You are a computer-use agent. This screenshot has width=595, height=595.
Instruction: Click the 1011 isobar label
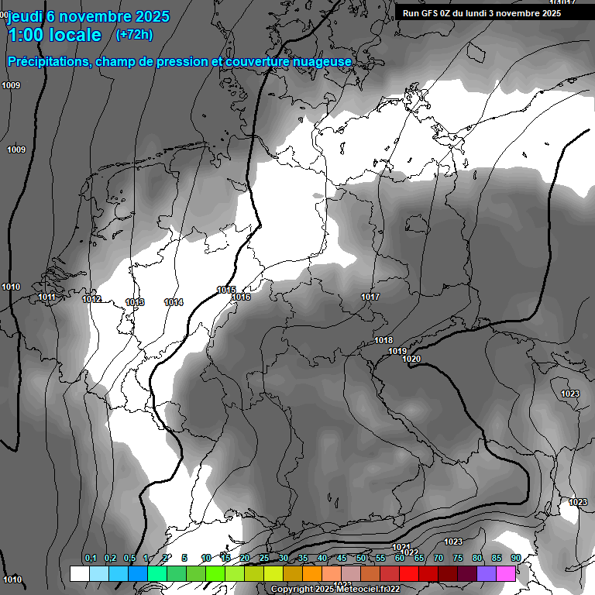point(46,297)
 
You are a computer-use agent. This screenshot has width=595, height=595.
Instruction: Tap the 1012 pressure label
point(91,300)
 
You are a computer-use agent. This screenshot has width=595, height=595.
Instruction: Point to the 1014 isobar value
point(174,302)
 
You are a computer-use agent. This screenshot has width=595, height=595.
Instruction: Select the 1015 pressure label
point(226,290)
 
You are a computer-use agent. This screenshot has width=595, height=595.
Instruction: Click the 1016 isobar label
point(241,297)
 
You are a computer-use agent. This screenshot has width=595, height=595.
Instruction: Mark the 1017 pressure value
point(370,297)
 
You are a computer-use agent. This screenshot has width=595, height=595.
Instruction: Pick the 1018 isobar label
point(383,341)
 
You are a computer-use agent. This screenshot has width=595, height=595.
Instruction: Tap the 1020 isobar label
point(411,359)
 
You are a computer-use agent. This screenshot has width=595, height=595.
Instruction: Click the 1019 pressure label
point(397,351)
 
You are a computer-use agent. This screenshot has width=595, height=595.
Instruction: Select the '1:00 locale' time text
point(54,35)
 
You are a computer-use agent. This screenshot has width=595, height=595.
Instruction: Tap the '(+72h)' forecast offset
point(133,35)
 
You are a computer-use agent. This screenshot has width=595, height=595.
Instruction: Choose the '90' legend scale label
point(515,559)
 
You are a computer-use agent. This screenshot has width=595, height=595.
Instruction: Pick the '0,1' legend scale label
point(91,559)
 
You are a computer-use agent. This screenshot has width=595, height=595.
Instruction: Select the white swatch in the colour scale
point(79,573)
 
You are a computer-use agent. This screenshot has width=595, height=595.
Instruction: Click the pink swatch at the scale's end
point(505,573)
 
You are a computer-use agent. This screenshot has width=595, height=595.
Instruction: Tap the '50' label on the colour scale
point(361,559)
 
